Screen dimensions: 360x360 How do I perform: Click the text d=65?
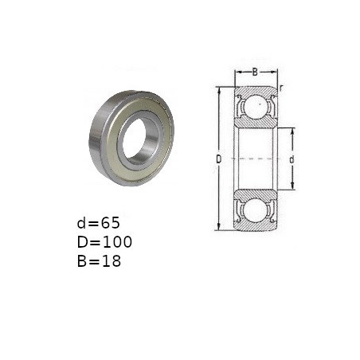coord(99,223)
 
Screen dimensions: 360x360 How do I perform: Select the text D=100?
coord(104,242)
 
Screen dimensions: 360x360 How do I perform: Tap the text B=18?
coord(99,261)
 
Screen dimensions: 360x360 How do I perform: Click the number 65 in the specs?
coord(110,223)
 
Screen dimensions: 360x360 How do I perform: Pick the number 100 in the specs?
coord(117,242)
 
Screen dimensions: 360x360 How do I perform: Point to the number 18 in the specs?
coord(112,261)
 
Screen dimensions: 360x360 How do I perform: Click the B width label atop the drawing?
coord(255,72)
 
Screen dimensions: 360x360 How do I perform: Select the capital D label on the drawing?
coord(218,159)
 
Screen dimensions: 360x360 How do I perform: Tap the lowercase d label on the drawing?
coord(292,159)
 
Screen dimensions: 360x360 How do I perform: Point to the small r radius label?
coord(280,88)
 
